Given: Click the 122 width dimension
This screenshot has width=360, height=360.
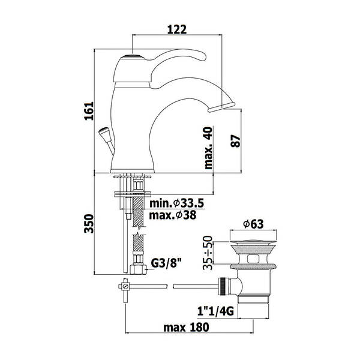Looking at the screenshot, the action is [177, 29].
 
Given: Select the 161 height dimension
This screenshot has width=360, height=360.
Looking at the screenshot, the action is [89, 111].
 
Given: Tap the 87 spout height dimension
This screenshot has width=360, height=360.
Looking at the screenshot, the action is [236, 141].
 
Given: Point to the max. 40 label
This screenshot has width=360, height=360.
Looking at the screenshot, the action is [209, 148].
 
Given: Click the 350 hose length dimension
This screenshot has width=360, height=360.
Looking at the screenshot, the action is [89, 224].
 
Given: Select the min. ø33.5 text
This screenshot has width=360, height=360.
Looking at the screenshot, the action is [176, 203].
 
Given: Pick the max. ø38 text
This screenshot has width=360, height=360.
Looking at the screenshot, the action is [173, 215].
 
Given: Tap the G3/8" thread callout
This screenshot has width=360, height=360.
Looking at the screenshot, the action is [166, 263].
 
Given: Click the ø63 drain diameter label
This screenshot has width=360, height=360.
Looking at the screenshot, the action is [253, 224].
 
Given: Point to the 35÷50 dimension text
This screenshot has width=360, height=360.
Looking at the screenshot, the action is [208, 253].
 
